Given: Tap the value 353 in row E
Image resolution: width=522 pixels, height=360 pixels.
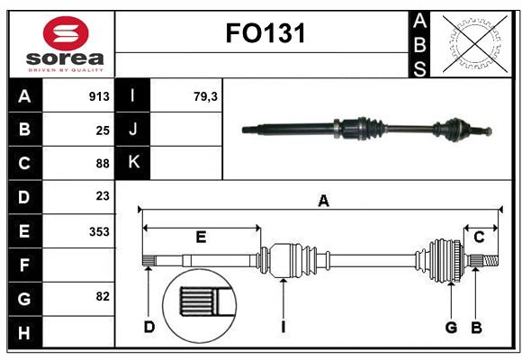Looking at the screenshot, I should tap(99, 231).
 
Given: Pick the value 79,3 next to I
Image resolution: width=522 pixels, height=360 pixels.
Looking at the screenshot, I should tap(205, 96).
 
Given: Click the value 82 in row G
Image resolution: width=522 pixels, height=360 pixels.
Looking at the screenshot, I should tap(103, 297).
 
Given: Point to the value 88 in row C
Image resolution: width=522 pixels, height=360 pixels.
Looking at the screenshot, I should tap(103, 164).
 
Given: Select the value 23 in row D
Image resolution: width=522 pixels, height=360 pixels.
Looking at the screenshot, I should tap(103, 196).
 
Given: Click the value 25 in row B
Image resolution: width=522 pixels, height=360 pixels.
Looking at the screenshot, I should tap(103, 130).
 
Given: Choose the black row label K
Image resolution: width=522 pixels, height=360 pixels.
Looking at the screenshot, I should tap(133, 163).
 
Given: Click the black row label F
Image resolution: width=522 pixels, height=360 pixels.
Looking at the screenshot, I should tap(24, 265).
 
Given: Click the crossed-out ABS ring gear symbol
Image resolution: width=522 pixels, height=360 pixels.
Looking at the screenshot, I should tap(471, 43).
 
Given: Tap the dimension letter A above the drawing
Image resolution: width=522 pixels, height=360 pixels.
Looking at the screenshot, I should tap(323, 202).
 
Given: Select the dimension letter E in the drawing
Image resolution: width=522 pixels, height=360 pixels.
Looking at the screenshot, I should tap(201, 238).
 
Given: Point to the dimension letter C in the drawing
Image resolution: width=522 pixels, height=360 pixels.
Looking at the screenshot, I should tap(479, 237).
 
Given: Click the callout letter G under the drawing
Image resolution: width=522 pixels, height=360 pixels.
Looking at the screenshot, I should tap(451, 327).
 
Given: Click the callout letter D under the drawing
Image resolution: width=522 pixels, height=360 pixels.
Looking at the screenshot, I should tap(149, 327).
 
